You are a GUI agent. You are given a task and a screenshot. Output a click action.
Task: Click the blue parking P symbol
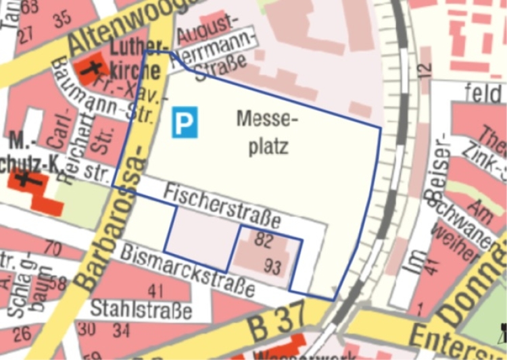pyautogui.click(x=184, y=122)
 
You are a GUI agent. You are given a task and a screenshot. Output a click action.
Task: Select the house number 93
pyautogui.click(x=272, y=267)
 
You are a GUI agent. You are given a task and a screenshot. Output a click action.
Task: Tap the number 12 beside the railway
pyautogui.click(x=424, y=68)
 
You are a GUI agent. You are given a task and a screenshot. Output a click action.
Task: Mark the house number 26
pyautogui.click(x=22, y=333)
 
